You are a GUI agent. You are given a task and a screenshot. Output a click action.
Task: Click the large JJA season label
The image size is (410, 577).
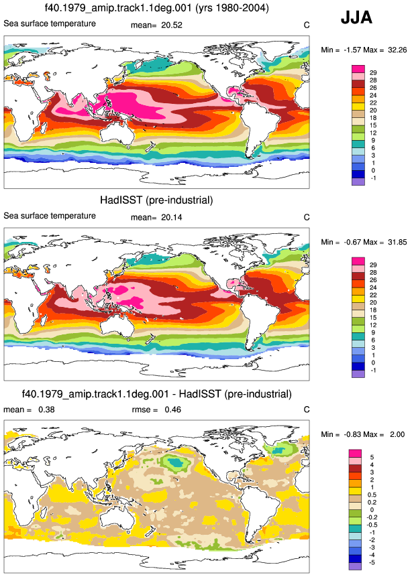356,17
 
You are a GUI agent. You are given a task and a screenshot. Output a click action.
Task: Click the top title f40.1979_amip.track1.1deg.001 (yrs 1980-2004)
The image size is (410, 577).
156,8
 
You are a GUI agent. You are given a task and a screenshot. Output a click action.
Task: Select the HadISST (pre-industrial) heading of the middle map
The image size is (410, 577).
156,200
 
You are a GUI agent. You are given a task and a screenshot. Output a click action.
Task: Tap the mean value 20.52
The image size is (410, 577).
172,25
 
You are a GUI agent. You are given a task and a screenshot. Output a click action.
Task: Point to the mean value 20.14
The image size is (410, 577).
172,217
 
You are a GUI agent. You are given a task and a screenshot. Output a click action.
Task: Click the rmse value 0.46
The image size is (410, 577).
172,409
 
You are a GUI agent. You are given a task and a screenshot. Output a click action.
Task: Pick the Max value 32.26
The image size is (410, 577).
397,50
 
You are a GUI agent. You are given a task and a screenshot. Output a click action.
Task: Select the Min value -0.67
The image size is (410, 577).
353,242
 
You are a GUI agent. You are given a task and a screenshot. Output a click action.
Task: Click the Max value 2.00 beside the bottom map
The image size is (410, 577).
397,434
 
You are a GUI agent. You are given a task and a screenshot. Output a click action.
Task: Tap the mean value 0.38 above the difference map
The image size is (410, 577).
46,409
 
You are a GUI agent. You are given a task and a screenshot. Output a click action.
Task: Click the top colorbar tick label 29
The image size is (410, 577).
373,73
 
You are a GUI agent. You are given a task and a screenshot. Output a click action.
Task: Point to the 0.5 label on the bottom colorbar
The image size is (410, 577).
372,495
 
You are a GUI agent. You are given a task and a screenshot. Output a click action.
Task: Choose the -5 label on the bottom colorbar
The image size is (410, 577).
372,563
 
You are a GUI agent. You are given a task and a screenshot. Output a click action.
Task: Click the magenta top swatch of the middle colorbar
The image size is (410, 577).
358,261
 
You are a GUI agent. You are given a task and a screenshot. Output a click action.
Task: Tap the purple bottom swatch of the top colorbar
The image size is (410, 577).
358,182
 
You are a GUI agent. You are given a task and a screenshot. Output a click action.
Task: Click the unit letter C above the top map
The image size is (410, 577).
307,25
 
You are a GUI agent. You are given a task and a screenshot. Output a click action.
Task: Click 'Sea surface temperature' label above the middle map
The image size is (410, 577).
50,216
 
